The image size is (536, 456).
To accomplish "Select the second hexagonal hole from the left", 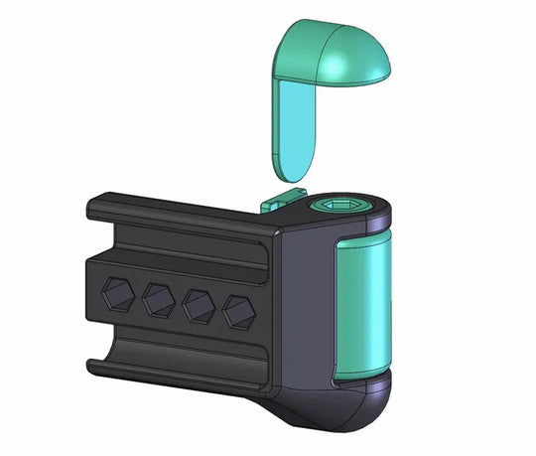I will tap(159, 298).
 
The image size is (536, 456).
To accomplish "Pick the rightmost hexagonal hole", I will tap(237, 310).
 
